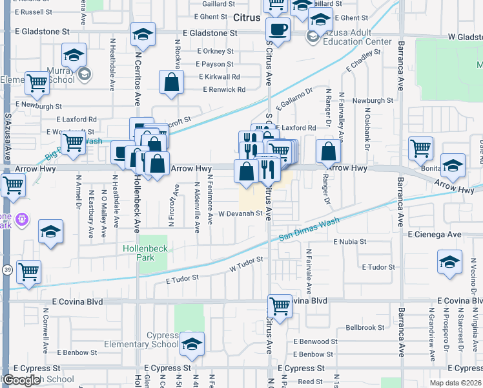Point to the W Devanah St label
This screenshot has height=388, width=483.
coord(240,213)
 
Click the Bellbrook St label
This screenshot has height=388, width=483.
coord(365,328)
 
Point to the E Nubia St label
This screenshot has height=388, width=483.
coord(349,241)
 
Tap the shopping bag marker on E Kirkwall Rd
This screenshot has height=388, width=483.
coord(171,82)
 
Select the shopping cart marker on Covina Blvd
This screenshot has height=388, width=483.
coord(280,305)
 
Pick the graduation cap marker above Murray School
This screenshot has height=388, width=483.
coord(74,54)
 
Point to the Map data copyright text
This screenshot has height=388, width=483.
coord(456,383)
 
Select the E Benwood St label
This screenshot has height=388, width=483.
coord(315,341)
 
